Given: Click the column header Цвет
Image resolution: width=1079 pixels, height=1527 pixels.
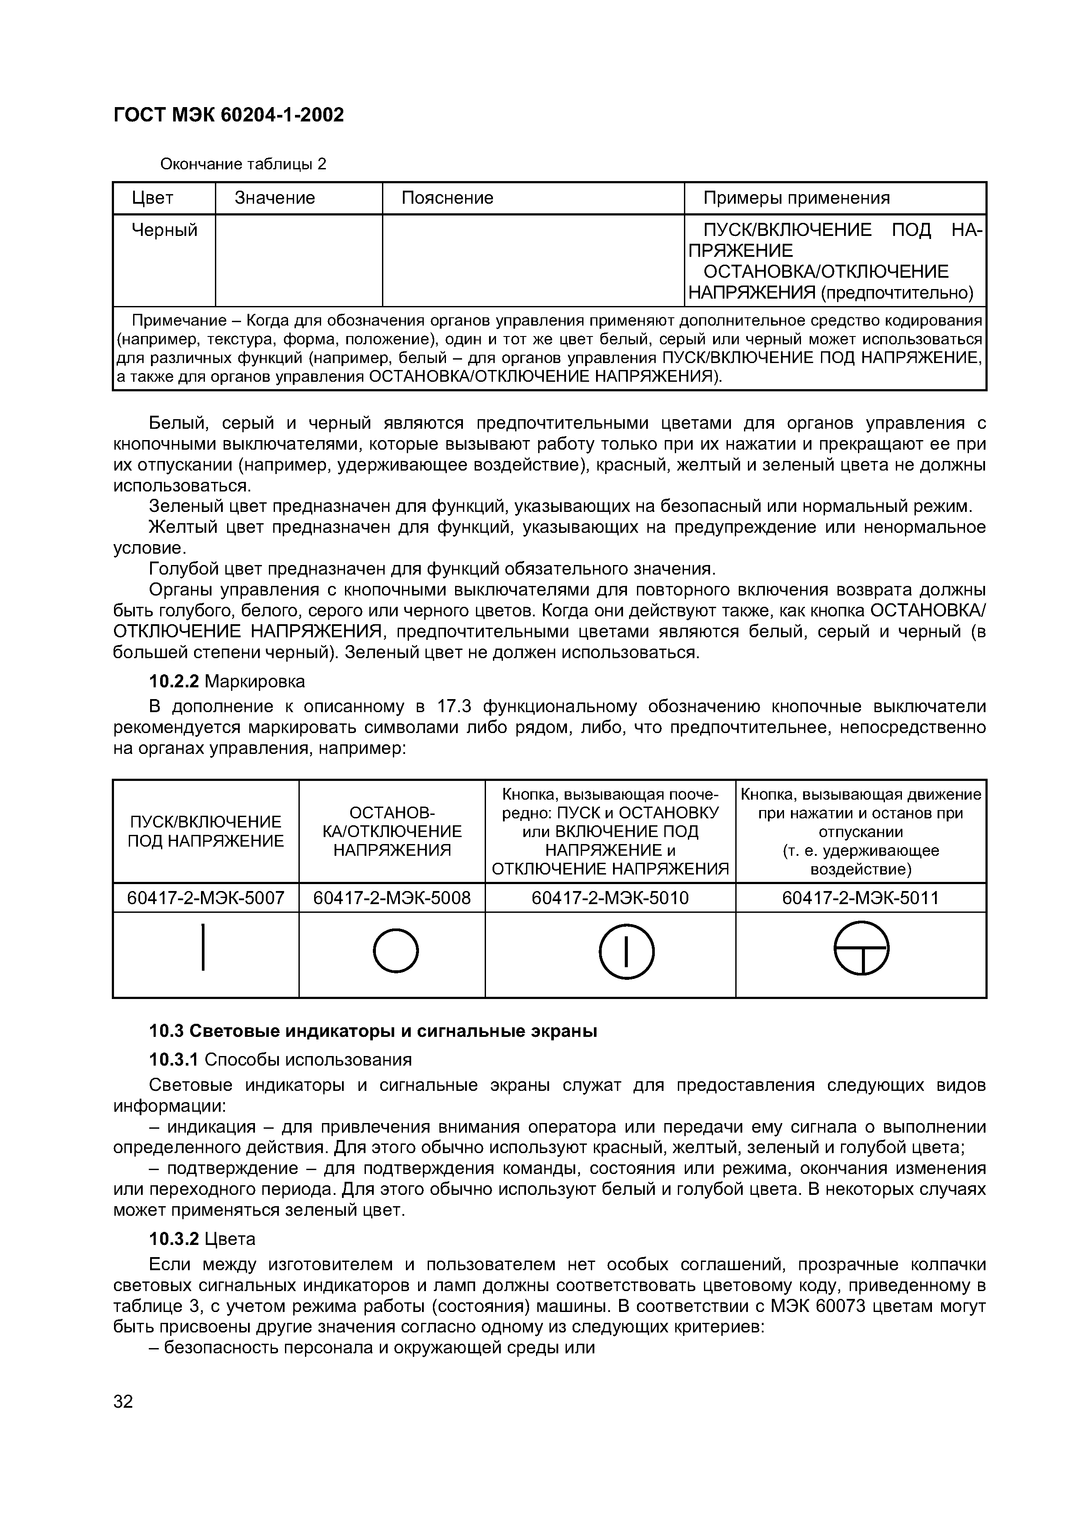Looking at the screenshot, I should coord(152,198).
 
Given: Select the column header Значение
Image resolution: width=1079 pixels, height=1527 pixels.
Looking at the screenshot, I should coord(275,198).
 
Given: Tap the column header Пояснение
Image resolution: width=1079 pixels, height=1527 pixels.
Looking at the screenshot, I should coord(447,198).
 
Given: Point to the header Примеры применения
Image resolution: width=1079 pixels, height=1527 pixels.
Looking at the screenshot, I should coord(797,198).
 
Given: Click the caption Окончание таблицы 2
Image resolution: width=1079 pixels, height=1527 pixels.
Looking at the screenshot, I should coord(243,164).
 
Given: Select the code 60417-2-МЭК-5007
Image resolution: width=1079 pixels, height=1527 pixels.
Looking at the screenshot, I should coord(205,898).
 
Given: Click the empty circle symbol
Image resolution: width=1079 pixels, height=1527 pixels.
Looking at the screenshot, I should coord(395,951).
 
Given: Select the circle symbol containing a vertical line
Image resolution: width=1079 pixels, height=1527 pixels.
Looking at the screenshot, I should coord(626,952).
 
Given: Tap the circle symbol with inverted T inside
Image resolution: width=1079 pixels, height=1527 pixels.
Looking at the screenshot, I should coord(861,948).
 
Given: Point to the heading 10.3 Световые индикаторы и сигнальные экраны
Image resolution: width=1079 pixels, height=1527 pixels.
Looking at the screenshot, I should coord(372,1032).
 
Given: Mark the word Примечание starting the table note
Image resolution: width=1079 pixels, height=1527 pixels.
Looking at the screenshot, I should coord(180,321).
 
